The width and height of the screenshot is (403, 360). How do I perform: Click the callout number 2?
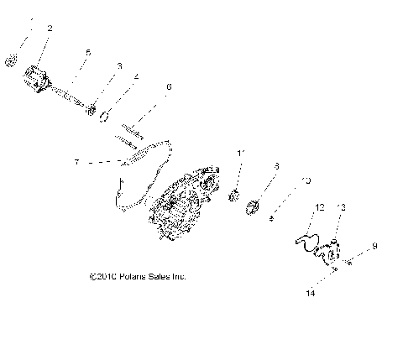pos(50,29)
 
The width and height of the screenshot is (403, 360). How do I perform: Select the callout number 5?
pos(87,52)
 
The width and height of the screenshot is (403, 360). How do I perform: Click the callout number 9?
pos(374,247)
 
